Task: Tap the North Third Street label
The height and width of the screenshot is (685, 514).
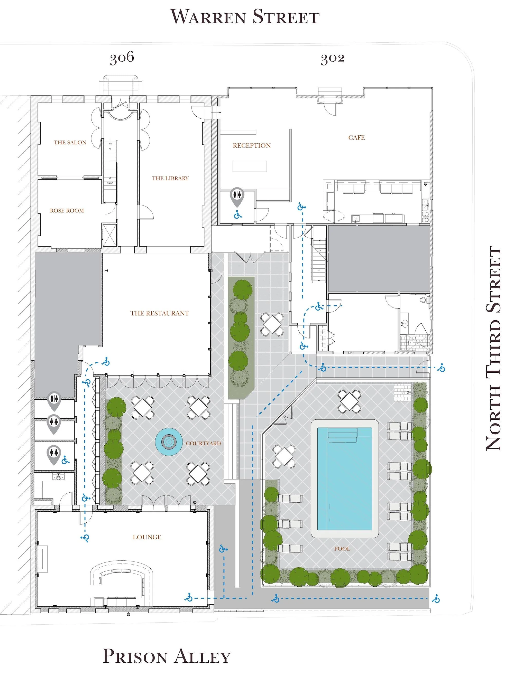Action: [x=493, y=348]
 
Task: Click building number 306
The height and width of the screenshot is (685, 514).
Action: [x=122, y=58]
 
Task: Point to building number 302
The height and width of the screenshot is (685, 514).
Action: [x=332, y=58]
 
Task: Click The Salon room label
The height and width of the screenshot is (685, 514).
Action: [x=70, y=143]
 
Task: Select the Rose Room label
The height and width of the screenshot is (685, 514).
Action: [x=67, y=211]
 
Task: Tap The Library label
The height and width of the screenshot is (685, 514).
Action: [x=170, y=178]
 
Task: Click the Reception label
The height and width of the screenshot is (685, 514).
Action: [x=252, y=146]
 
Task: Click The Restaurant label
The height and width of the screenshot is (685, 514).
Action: [x=160, y=313]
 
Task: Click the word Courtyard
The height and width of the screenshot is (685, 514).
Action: [x=203, y=444]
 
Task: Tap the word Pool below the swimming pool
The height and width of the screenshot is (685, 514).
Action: [x=342, y=549]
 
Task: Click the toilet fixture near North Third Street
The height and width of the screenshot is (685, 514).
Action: [x=424, y=300]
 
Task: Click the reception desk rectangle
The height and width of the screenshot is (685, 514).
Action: [x=250, y=166]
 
